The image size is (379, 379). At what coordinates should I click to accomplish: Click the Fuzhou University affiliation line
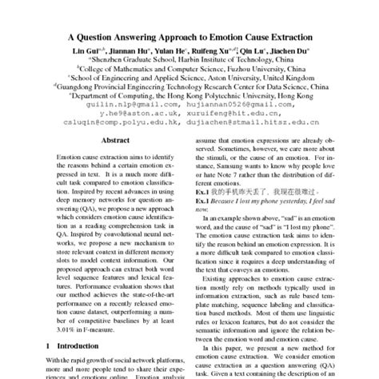click(189, 71)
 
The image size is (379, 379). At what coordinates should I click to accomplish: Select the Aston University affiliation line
click(189, 82)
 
